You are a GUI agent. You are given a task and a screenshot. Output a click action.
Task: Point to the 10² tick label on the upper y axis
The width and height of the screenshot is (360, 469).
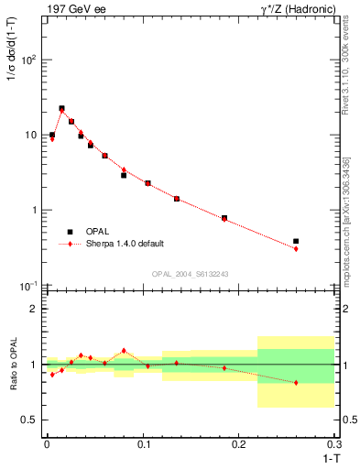29,60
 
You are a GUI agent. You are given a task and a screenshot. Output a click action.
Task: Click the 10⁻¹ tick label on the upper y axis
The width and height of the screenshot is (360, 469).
29,285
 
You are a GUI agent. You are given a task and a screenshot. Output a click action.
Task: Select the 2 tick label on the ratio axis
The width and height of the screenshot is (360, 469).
34,309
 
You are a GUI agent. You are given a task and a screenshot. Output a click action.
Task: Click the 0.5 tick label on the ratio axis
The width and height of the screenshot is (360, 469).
30,420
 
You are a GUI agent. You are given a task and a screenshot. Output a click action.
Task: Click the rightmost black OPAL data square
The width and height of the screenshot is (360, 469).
296,241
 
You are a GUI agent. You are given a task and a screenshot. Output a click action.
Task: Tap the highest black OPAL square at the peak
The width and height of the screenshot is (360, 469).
61,108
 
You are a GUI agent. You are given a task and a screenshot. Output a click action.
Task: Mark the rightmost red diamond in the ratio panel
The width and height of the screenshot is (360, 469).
296,382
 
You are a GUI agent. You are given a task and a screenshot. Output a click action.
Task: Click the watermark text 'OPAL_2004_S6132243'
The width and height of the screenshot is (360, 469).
191,274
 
